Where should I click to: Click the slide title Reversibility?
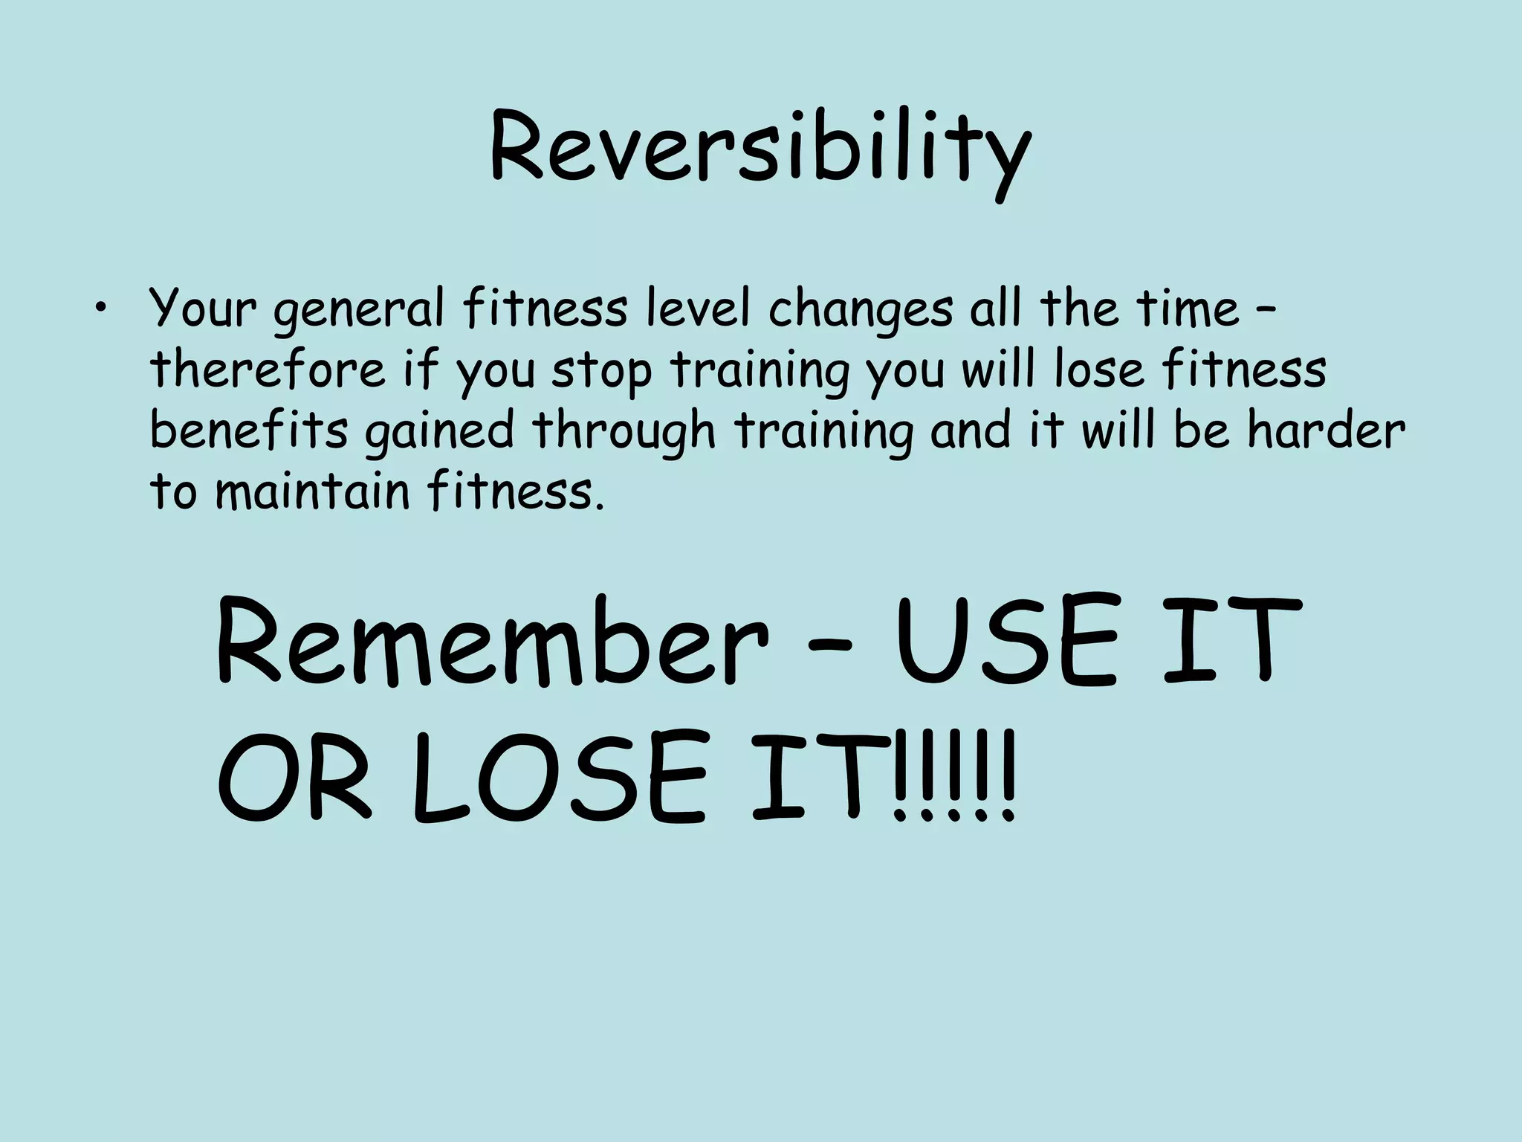pyautogui.click(x=760, y=154)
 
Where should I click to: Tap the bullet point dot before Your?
pyautogui.click(x=100, y=309)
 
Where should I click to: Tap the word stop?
pyautogui.click(x=600, y=372)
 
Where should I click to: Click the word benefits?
pyautogui.click(x=249, y=430)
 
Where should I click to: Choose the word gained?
pyautogui.click(x=438, y=433)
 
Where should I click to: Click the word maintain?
pyautogui.click(x=311, y=491)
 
